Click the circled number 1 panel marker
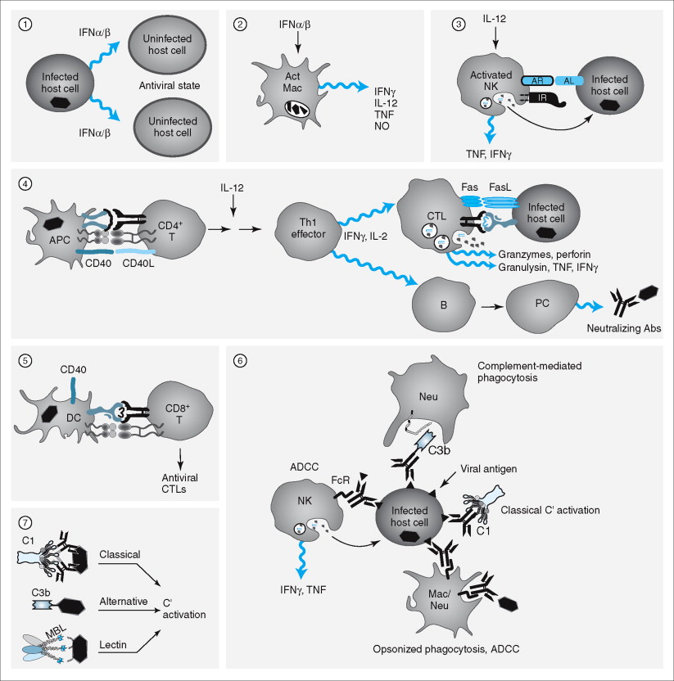(26, 25)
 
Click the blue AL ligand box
(568, 80)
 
